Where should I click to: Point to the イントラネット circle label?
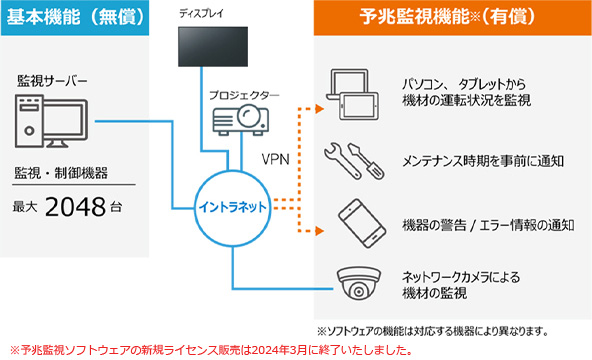232,207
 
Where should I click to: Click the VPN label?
275,158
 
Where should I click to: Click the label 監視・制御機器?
59,172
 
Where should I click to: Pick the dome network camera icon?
358,286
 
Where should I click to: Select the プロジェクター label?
244,95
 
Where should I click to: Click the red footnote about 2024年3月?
210,350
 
